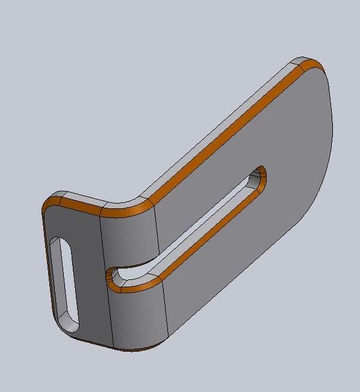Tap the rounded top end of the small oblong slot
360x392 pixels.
coord(59,242)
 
